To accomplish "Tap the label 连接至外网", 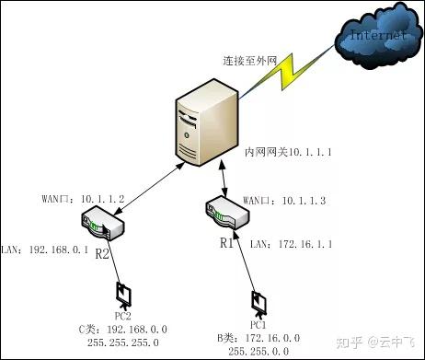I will (249, 60).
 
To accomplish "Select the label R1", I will (226, 244).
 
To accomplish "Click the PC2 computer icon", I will (122, 296).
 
